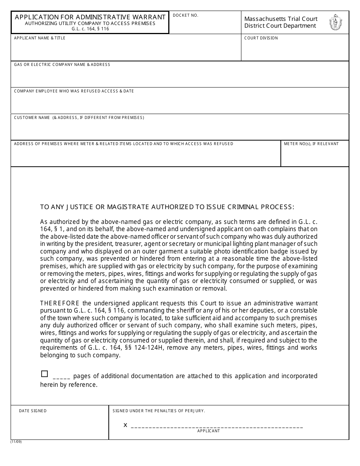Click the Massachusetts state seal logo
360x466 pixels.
coord(336,22)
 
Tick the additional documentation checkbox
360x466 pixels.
coord(44,374)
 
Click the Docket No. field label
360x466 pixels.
coord(185,16)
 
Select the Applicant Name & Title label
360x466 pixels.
coord(40,38)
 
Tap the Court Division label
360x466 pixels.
coord(261,38)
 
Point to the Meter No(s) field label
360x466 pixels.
coord(311,144)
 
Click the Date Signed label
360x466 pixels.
coord(33,411)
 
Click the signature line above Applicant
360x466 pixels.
coord(217,427)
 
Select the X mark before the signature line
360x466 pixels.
coord(125,425)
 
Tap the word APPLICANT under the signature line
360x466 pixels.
coord(208,431)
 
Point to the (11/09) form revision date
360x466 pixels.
coord(16,442)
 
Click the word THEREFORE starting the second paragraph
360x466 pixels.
coord(60,303)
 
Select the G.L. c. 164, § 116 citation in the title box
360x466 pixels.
coord(90,29)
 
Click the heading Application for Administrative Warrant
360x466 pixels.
coord(90,17)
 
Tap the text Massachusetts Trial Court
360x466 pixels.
coord(281,19)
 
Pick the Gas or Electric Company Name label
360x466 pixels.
coord(62,65)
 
